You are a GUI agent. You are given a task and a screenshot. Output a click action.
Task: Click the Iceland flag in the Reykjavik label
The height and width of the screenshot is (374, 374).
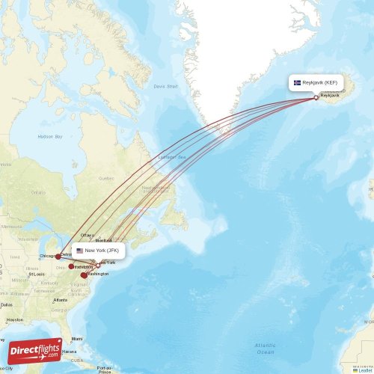coord(297,82)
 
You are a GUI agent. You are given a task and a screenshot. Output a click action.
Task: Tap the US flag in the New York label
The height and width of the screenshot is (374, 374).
coord(79,251)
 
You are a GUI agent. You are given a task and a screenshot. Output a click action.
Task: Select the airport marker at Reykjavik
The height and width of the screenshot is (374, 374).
coord(316,97)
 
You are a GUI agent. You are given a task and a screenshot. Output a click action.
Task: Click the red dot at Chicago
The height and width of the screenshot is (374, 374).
coord(58,257)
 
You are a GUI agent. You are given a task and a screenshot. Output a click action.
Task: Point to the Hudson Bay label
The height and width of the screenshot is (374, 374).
coord(50,137)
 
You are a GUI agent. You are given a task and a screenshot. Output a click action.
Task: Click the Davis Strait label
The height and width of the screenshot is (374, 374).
coord(165,86)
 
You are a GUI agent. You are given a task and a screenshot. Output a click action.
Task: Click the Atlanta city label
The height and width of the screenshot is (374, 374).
coord(61,300)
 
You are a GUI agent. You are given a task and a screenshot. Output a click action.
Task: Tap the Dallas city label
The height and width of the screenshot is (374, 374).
coord(6,304)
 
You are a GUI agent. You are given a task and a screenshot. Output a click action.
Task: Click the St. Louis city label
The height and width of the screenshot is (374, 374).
coord(35,274)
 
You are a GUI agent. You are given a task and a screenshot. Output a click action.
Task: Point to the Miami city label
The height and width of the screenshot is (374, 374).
coord(78,338)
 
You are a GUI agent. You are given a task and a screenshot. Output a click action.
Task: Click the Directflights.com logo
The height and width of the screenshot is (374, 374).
coord(35,349)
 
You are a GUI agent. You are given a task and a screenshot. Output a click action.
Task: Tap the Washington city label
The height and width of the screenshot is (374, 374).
coord(97,274)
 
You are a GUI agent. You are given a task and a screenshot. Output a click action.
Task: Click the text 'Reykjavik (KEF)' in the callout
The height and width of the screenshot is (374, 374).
coord(321,82)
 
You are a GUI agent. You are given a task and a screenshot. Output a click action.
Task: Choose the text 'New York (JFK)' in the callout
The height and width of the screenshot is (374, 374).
coord(102,251)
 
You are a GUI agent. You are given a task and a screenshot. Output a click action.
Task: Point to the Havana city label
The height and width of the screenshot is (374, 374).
coord(69,351)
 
